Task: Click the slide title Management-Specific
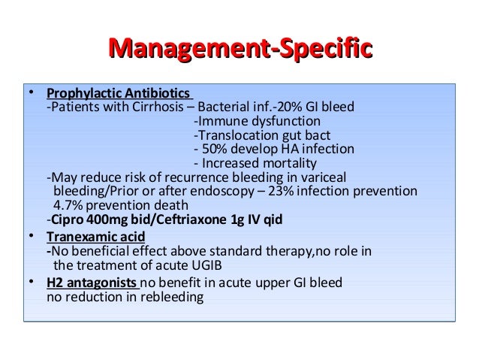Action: tap(240, 50)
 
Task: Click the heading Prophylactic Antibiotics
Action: tap(118, 93)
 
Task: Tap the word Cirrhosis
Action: tap(153, 107)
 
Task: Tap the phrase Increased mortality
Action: tap(259, 164)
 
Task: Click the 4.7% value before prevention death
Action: tap(68, 206)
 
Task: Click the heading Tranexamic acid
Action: tap(96, 237)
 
